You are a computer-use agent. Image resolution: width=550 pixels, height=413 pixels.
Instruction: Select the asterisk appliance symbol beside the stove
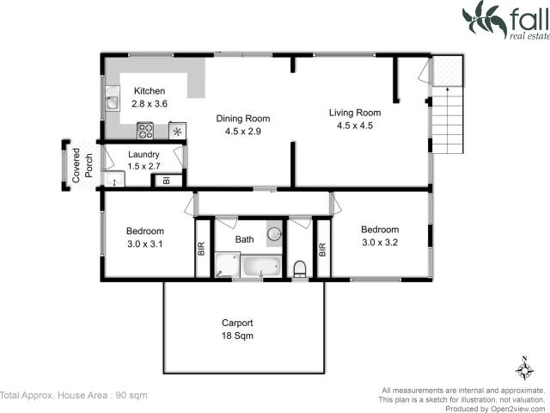[x=178, y=132]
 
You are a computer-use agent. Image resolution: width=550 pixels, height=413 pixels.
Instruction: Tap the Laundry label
[x=144, y=155]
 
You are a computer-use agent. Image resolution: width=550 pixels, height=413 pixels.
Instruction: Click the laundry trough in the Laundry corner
[x=113, y=179]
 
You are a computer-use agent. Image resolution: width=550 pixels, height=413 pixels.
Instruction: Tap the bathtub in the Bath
[x=261, y=267]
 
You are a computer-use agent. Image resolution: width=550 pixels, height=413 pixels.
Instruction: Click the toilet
[x=299, y=268]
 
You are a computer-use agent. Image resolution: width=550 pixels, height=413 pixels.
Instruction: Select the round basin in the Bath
[x=273, y=232]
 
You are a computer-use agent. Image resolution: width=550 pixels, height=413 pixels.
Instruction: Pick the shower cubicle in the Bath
[x=226, y=265]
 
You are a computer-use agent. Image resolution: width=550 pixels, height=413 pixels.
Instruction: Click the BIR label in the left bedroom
[x=202, y=250]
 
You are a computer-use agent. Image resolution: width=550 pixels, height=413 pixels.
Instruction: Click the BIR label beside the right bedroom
[x=323, y=250]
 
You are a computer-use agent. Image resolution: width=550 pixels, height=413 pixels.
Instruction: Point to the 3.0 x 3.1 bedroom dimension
[x=144, y=243]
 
